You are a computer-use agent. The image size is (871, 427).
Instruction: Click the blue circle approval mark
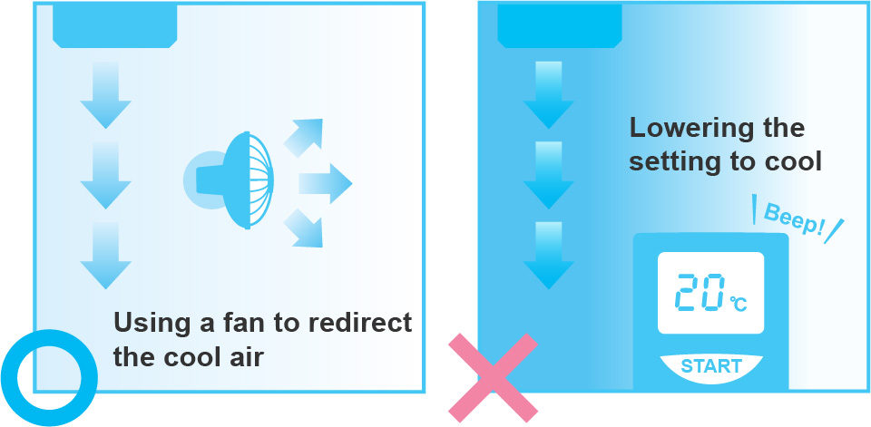49,376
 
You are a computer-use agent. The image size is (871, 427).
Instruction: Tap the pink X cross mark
494,377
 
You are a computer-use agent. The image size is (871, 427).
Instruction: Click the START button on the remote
711,366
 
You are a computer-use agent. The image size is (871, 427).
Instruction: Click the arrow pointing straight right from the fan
325,183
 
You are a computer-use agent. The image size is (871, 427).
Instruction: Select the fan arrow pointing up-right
303,136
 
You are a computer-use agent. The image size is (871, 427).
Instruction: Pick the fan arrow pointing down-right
304,228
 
